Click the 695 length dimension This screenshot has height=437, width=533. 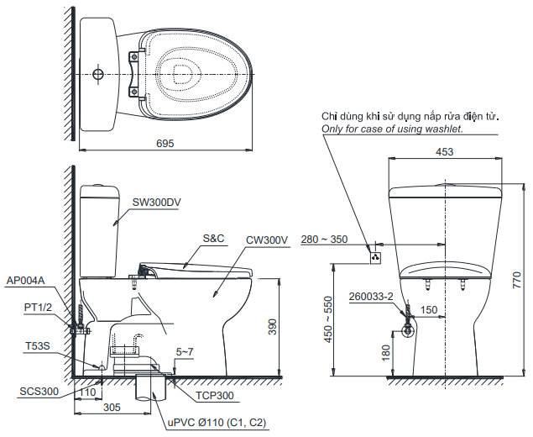point(165,144)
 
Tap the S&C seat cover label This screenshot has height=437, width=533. point(213,239)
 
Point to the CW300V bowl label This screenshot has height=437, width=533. point(267,240)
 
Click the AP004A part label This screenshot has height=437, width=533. point(25,281)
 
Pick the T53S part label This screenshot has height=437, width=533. point(36,345)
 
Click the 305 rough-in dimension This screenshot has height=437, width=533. point(112,407)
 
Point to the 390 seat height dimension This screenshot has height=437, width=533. point(272,328)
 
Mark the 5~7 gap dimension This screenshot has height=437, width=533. point(185,351)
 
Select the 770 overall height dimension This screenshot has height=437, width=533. point(517,280)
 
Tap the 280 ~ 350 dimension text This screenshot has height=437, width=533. point(323,240)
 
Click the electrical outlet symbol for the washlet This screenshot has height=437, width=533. point(376,256)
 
